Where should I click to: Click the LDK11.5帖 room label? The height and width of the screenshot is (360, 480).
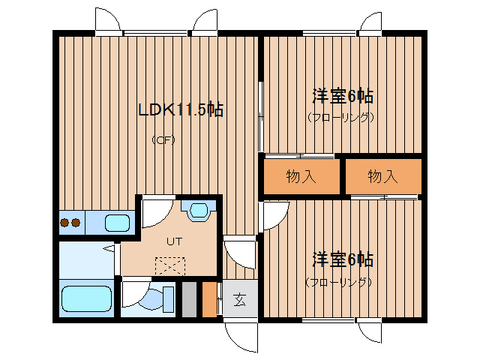coord(181,109)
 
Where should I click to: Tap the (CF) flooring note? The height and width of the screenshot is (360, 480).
coord(163,140)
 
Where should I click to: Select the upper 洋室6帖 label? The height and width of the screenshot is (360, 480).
coord(343,96)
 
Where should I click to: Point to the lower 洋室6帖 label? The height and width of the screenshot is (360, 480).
coord(343,259)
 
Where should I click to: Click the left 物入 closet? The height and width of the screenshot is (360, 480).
coord(301,176)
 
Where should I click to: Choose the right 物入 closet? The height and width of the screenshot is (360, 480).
coord(383,176)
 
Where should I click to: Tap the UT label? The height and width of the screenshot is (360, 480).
coord(175,241)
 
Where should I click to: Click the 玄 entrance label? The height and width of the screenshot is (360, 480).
coord(240,300)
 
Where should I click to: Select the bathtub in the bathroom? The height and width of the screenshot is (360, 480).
coord(86,298)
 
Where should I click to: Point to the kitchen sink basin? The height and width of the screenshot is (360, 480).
coord(118,223)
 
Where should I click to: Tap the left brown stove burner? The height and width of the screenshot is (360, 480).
coord(65,223)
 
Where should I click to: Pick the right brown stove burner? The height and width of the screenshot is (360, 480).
coord(76,223)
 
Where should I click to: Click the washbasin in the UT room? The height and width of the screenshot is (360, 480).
coord(198,211)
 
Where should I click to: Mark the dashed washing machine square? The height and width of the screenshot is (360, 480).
coord(170,266)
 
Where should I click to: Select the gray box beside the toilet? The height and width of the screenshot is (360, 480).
coord(190,299)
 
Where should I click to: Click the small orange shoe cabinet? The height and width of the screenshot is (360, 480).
coord(210,299)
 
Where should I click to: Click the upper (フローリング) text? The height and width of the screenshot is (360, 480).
coord(340,117)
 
